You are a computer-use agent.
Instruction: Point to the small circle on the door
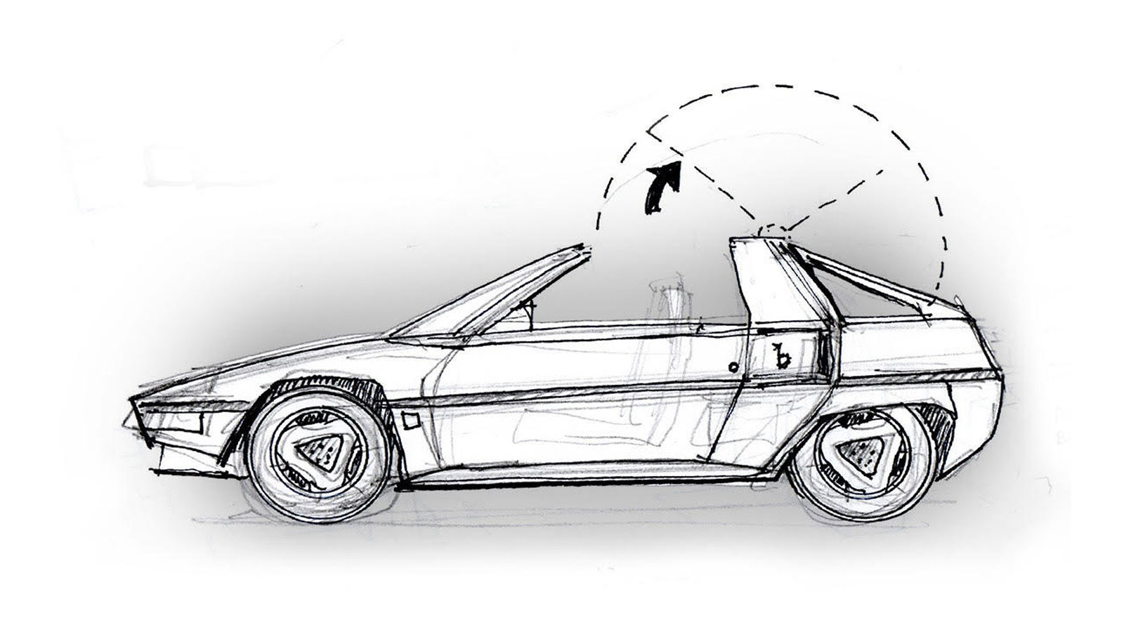coord(733,366)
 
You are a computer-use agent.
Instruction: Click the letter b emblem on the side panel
coord(778,359)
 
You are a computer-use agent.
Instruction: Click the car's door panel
coord(576,393)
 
